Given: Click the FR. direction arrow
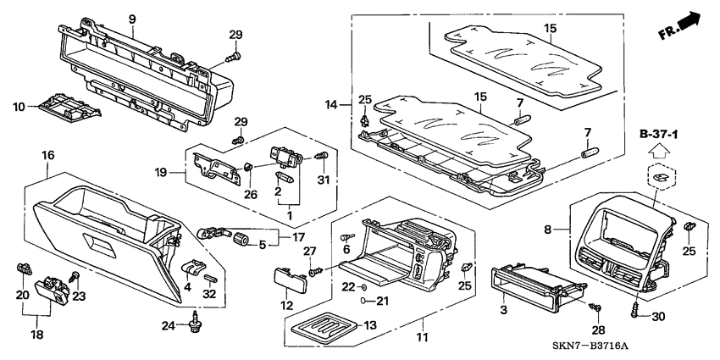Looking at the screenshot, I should tap(683, 25).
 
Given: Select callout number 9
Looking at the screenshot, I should tap(131, 18).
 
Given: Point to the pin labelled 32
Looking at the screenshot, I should tap(210, 276).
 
